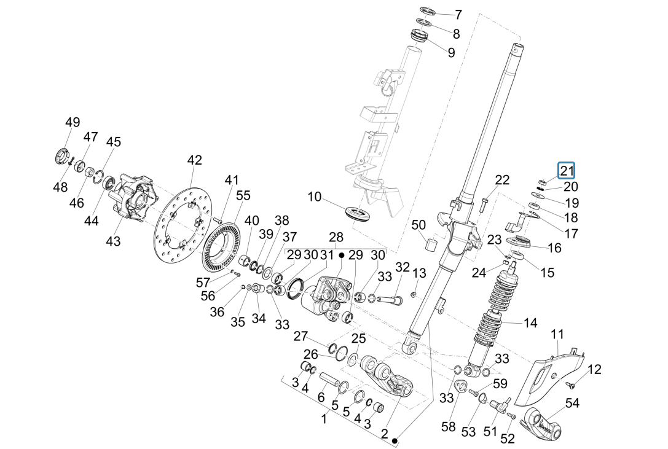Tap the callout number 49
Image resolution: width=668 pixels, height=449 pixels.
(73, 122)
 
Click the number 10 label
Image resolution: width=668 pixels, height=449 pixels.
(315, 197)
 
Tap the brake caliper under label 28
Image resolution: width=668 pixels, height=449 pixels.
(326, 298)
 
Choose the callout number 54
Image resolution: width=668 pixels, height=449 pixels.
(572, 404)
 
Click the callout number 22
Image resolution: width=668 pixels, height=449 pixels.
(502, 180)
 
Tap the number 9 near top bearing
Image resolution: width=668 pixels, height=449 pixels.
(452, 53)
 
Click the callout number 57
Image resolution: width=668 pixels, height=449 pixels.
(203, 283)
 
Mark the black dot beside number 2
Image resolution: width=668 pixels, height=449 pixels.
(396, 440)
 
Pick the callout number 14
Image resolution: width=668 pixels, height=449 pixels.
(530, 322)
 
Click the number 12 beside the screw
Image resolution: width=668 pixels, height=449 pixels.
(594, 369)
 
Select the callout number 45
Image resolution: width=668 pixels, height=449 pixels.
(113, 142)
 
